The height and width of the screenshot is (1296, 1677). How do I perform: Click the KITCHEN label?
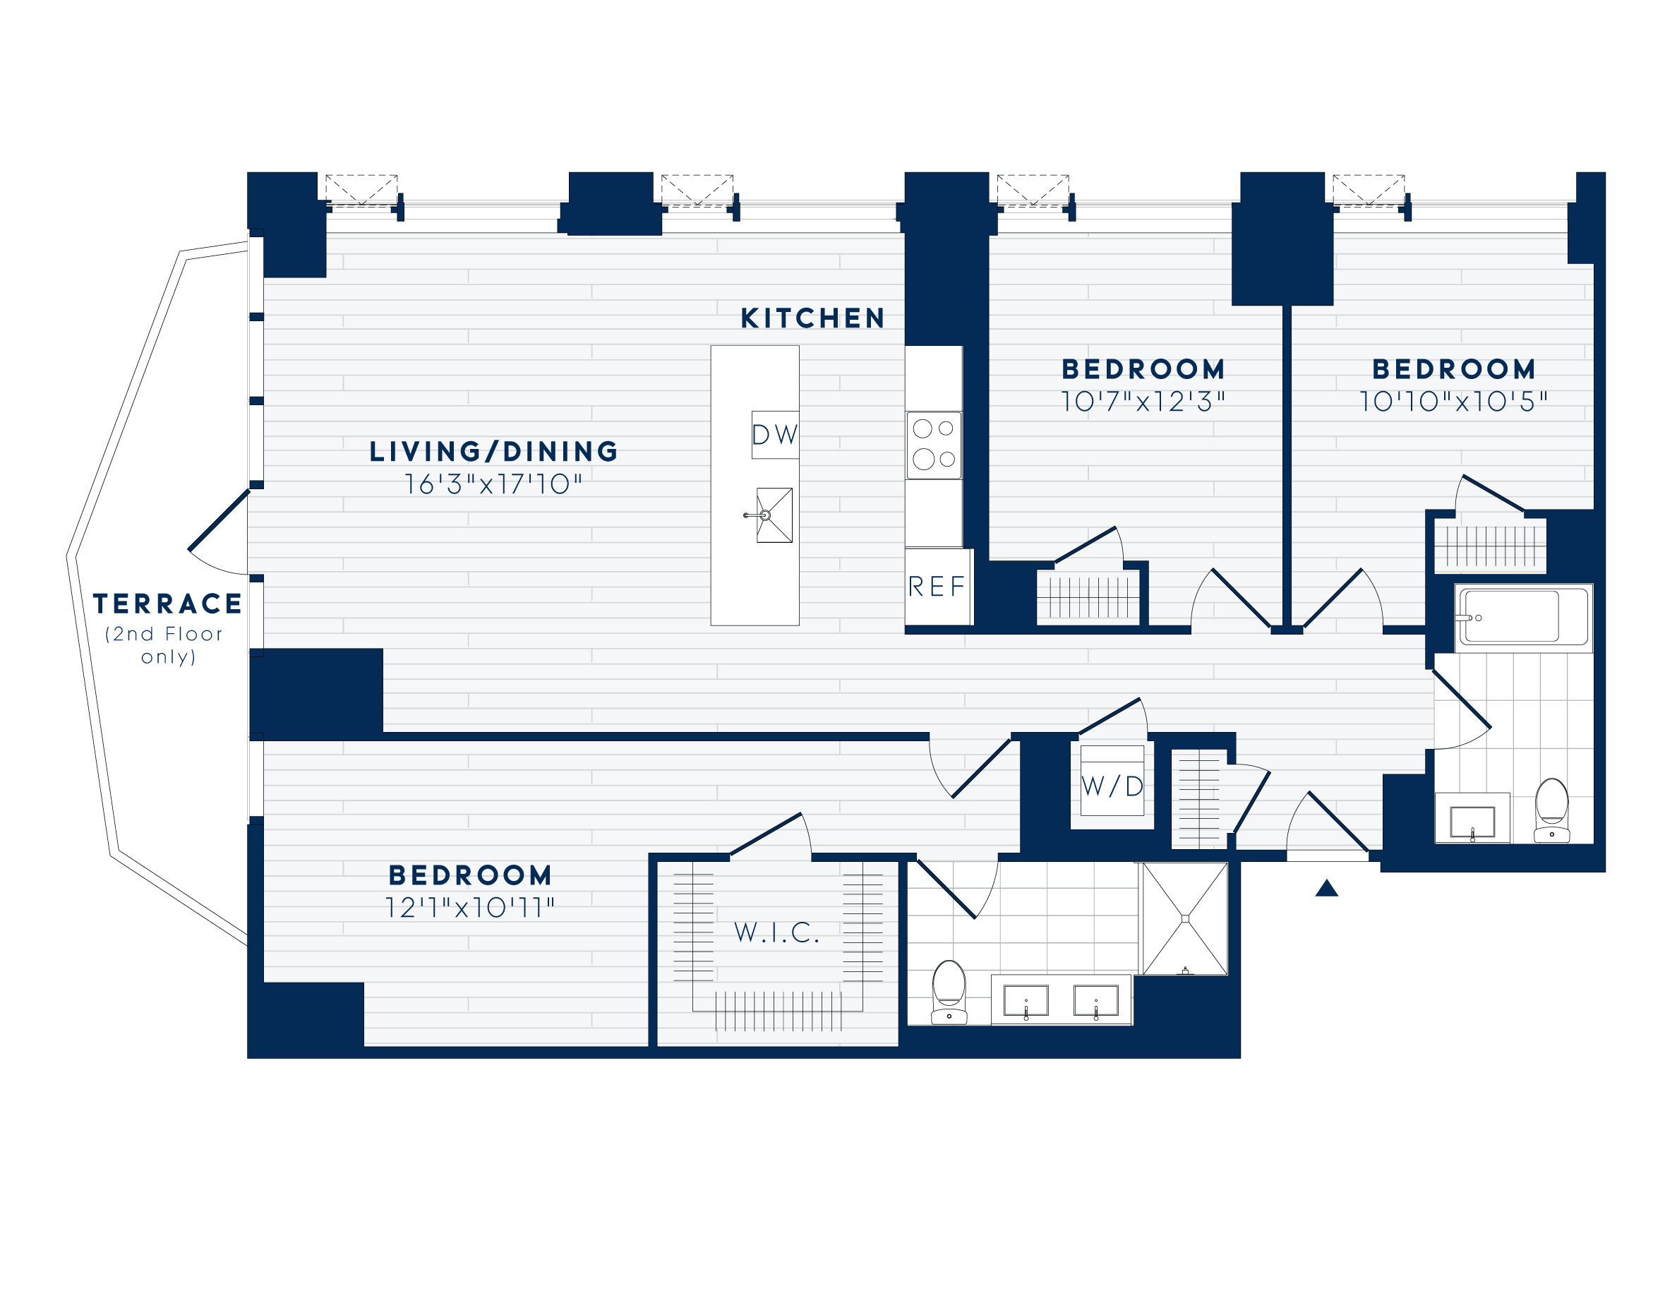coord(812,318)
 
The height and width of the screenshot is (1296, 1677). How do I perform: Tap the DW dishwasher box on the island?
coord(775,435)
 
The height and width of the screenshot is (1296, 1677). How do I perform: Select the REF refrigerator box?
coord(937,587)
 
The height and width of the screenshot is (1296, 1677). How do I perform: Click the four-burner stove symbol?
coord(934,445)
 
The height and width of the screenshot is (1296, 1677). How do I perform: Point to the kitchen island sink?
coord(774,515)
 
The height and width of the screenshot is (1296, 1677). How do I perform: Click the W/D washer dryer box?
coord(1112,786)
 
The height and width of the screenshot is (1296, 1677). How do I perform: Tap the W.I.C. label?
coord(777,932)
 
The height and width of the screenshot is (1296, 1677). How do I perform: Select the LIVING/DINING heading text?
coord(494,452)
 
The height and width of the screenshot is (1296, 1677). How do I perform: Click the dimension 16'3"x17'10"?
coord(494,484)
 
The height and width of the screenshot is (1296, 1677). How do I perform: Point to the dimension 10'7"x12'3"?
coord(1143,402)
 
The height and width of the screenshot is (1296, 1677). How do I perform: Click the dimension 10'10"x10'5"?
coord(1453,402)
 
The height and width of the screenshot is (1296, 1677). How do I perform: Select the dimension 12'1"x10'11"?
coord(470,908)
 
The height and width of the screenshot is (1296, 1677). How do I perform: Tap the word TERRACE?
coord(167,604)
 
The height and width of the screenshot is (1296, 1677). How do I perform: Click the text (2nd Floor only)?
coord(165,645)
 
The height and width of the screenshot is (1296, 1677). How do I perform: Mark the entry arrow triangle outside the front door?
coord(1327,888)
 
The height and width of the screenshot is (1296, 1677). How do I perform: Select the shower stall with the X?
coord(1185,918)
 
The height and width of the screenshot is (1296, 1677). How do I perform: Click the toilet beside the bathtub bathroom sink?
coord(1552,810)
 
